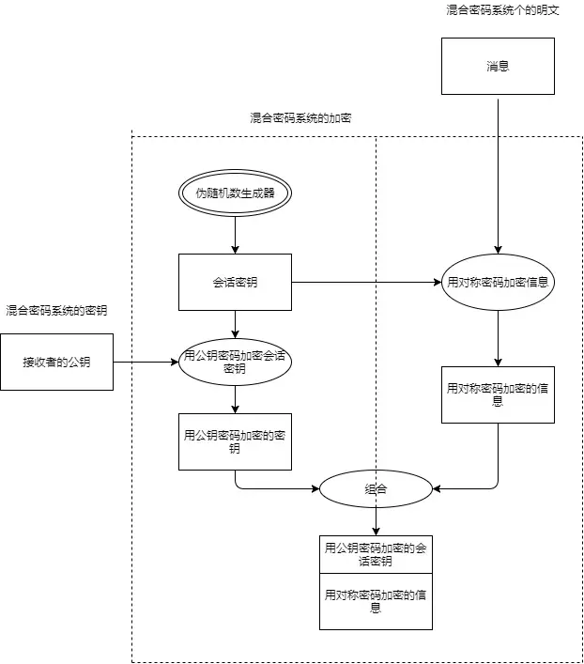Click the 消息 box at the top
[x=498, y=66]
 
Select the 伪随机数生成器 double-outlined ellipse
[x=235, y=193]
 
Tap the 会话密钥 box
[x=235, y=282]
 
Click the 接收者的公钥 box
[x=56, y=362]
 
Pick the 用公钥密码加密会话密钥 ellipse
[x=235, y=362]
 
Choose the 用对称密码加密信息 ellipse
[x=498, y=282]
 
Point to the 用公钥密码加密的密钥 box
[x=235, y=441]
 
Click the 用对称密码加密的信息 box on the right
[x=498, y=394]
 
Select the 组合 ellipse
[x=376, y=488]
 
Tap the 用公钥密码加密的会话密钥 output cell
[x=376, y=554]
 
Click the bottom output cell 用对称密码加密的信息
[x=376, y=601]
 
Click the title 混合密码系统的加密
[x=300, y=118]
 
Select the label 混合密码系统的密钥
[x=56, y=310]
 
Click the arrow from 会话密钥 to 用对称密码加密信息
[x=366, y=282]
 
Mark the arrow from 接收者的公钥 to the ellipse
[x=146, y=362]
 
